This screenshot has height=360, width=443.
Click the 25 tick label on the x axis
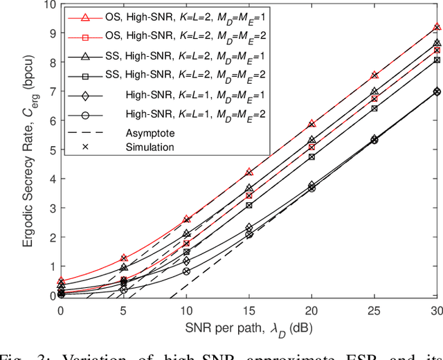tap(374, 309)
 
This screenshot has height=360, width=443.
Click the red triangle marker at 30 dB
tap(437, 27)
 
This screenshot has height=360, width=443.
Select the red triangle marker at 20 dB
tap(311, 123)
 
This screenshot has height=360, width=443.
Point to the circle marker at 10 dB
tap(186, 271)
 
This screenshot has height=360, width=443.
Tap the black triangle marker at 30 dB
tap(437, 42)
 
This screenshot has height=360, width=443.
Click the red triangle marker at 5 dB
tap(124, 258)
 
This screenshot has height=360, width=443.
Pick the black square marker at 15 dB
tap(249, 205)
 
